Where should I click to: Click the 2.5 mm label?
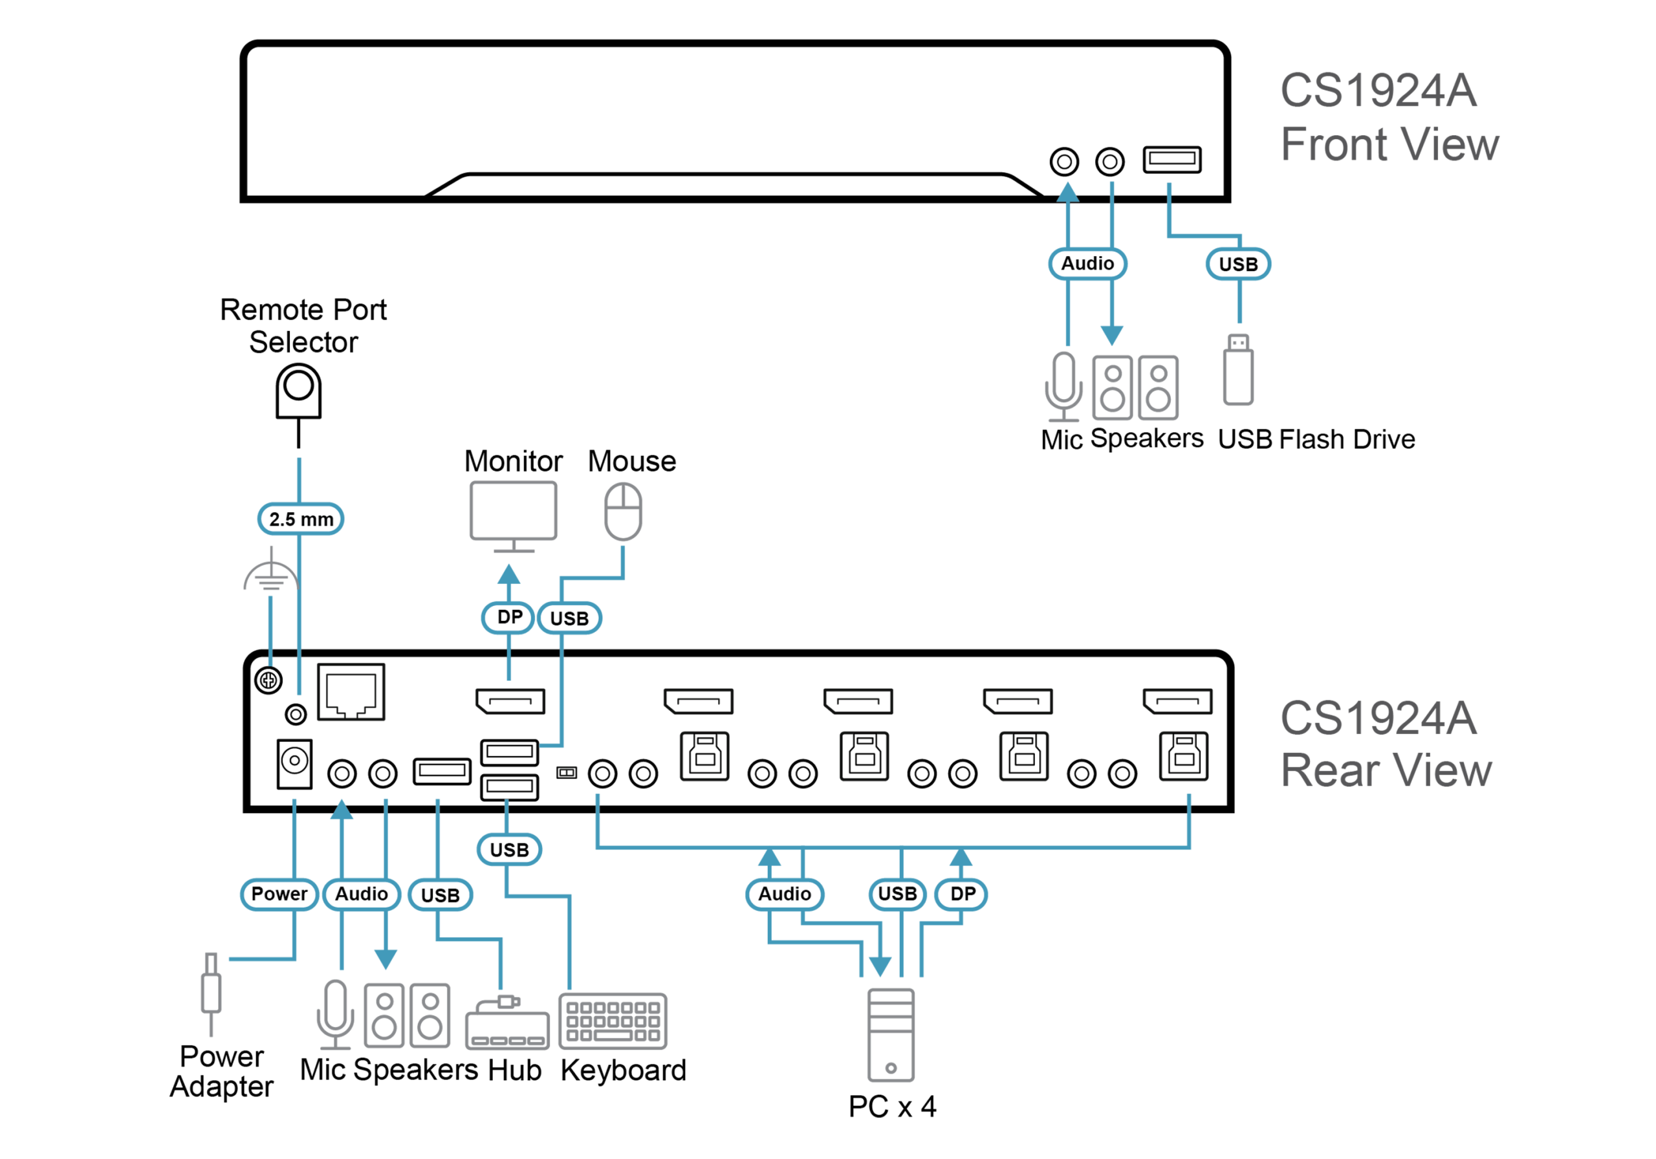tap(301, 519)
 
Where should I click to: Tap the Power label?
tap(279, 894)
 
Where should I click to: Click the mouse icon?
tap(623, 512)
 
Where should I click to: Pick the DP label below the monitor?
tap(508, 618)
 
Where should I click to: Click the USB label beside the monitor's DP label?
tap(569, 618)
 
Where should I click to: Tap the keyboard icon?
tap(613, 1021)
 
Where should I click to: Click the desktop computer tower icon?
tap(891, 1035)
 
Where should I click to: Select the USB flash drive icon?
tap(1238, 371)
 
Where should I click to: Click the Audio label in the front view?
tap(1087, 263)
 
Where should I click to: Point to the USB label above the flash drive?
tap(1237, 264)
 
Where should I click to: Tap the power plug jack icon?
tap(212, 993)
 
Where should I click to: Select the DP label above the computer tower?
tap(961, 894)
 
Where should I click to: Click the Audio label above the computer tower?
tap(784, 894)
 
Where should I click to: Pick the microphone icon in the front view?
tap(1064, 386)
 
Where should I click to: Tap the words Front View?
tap(1389, 144)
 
